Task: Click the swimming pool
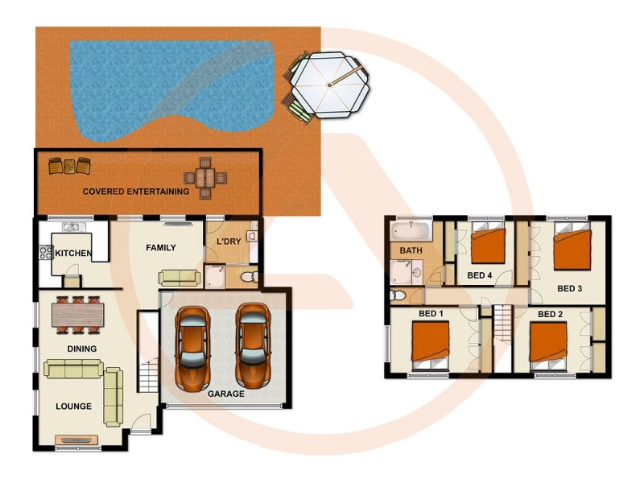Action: pos(161,80)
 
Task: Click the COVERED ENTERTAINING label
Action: pos(136,192)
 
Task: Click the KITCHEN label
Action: pos(72,254)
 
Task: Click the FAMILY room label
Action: pos(161,248)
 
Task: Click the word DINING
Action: pos(82,349)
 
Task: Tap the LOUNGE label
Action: pos(74,407)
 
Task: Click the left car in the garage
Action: pos(193,346)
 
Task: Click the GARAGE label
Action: pos(226,394)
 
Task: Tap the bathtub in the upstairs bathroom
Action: pos(411,232)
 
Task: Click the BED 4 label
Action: pos(480,275)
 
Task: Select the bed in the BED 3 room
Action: pos(572,250)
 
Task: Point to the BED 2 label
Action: pos(550,313)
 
